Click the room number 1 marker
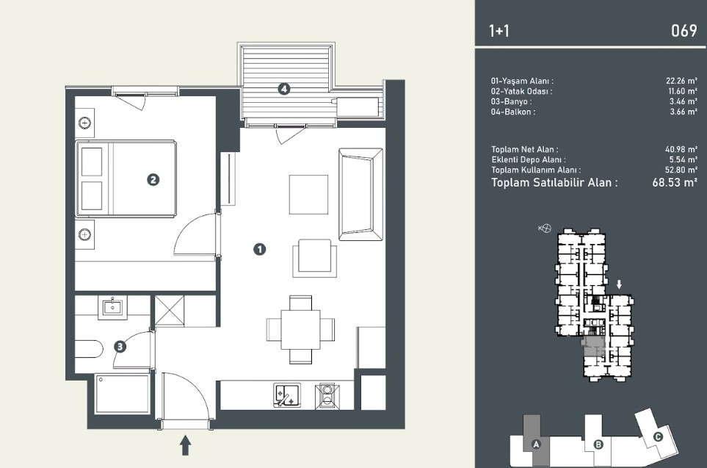(x=260, y=249)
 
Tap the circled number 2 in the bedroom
(x=153, y=179)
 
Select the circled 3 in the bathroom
(x=120, y=347)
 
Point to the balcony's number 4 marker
(x=283, y=89)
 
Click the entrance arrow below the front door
(x=185, y=445)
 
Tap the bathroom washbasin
(x=112, y=307)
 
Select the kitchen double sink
(x=287, y=396)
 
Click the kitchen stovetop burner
(x=327, y=396)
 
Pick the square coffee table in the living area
(x=308, y=195)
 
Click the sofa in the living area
(x=360, y=194)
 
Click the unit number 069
(x=684, y=31)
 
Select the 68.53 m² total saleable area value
(x=675, y=183)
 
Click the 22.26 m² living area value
(x=681, y=81)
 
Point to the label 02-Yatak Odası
(x=521, y=91)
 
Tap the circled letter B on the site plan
(x=598, y=444)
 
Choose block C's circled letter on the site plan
(x=658, y=436)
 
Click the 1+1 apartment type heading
(x=498, y=31)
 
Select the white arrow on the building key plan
(x=620, y=284)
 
